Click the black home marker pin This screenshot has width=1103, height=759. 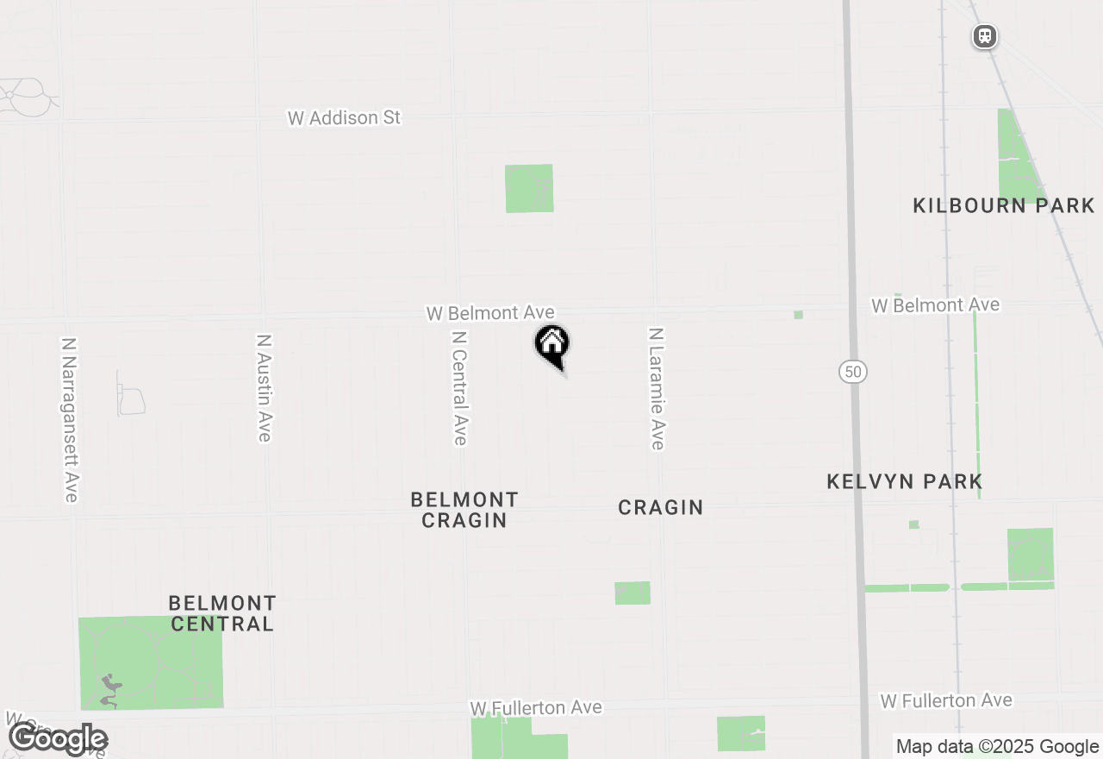tap(552, 345)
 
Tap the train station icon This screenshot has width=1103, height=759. tap(984, 36)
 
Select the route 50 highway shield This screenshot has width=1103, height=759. tap(852, 372)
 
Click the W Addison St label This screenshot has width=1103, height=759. tap(344, 118)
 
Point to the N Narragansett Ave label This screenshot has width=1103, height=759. tap(70, 419)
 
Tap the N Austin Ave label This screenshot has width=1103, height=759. tap(265, 388)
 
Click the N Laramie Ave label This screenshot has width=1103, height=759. tap(657, 388)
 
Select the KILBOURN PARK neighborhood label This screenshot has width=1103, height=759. tap(1003, 205)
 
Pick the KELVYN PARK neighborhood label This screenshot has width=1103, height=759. tap(904, 481)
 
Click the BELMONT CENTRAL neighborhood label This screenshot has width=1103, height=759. tap(222, 612)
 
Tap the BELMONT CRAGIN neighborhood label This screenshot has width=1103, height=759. tap(464, 510)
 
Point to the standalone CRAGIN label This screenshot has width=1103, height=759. tap(661, 507)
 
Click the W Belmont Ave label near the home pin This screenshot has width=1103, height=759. tap(490, 312)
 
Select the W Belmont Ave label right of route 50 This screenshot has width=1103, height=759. tap(935, 304)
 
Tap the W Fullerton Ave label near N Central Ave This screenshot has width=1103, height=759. tap(535, 707)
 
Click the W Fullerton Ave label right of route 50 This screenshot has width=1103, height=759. tap(945, 700)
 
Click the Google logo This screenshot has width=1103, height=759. tap(58, 739)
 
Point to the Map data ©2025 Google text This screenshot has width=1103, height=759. tap(997, 747)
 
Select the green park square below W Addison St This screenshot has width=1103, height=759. tap(529, 188)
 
